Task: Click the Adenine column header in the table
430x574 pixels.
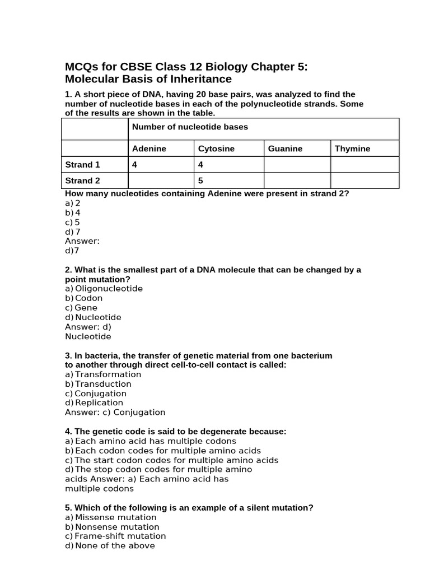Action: tap(149, 149)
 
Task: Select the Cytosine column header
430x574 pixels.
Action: tap(216, 149)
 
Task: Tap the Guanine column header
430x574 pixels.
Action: tap(285, 149)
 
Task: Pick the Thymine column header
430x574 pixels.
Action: tap(352, 149)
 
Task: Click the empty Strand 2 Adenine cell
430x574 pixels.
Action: tap(161, 180)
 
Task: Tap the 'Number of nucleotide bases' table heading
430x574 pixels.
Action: tap(190, 127)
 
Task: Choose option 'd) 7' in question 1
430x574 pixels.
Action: tap(73, 232)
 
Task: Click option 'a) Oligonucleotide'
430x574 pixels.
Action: tap(104, 289)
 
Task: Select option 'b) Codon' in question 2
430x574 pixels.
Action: tap(84, 298)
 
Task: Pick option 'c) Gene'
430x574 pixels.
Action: tap(81, 308)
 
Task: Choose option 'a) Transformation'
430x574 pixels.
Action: tap(103, 374)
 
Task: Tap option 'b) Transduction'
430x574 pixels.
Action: tap(98, 384)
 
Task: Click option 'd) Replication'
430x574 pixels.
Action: tap(94, 402)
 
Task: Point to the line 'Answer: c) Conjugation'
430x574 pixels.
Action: tap(115, 412)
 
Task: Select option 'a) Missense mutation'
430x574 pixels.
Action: tap(111, 517)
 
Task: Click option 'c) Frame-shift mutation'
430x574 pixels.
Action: tap(115, 536)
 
